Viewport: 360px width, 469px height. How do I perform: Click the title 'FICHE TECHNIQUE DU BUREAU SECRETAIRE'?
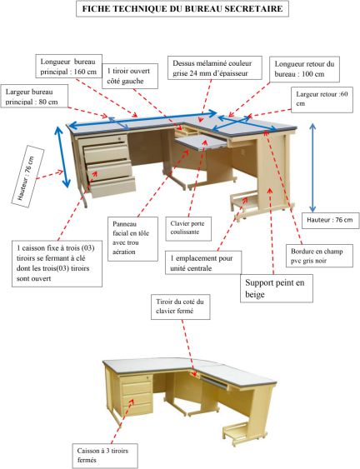(x=182, y=8)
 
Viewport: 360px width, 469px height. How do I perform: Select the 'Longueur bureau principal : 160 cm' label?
(x=69, y=67)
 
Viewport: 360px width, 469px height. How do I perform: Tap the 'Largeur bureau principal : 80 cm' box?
(x=34, y=96)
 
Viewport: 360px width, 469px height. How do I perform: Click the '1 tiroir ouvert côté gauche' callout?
(x=130, y=76)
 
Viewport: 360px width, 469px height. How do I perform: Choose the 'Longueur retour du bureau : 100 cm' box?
(x=305, y=69)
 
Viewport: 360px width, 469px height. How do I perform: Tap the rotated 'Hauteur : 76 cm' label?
(x=27, y=177)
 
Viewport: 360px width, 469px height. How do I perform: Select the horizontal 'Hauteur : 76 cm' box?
(x=330, y=221)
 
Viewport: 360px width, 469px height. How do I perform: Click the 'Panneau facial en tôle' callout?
(x=132, y=239)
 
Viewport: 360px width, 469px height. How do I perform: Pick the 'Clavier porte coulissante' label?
(x=188, y=228)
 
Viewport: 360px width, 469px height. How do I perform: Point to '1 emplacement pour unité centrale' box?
(x=203, y=262)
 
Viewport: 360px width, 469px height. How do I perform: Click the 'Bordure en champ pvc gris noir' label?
(x=317, y=255)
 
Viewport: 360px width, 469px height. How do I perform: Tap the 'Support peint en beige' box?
(x=277, y=288)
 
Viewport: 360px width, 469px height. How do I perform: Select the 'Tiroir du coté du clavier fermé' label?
(x=181, y=307)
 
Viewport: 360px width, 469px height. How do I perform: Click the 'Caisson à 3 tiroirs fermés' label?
(x=105, y=455)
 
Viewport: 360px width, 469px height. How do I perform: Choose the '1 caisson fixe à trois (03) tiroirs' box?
(x=57, y=263)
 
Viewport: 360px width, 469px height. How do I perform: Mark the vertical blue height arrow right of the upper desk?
(x=312, y=167)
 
